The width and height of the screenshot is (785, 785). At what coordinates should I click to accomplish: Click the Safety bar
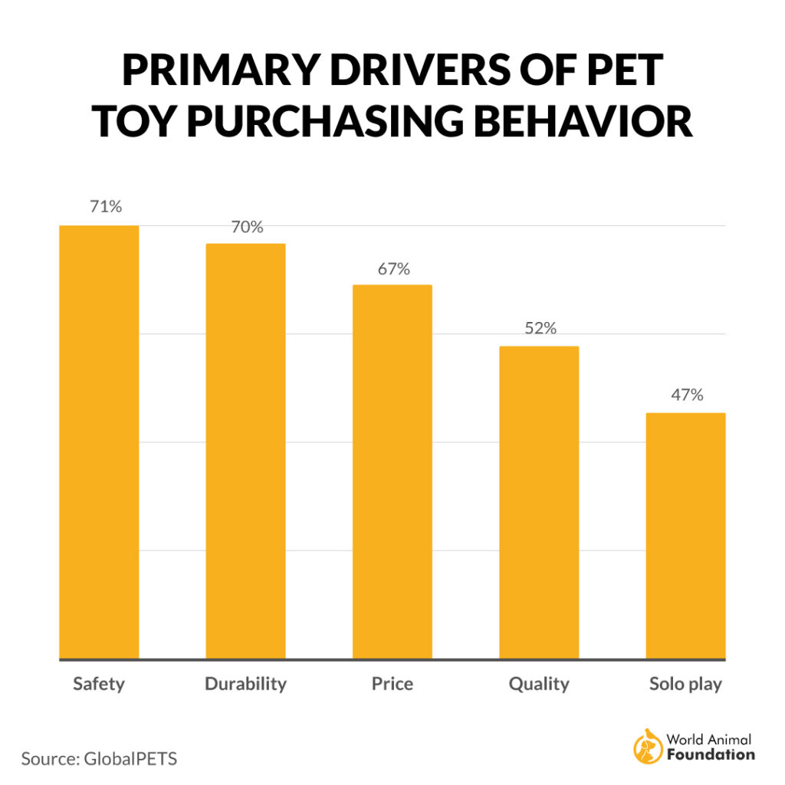(x=99, y=442)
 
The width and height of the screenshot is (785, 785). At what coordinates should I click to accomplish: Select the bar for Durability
(x=245, y=452)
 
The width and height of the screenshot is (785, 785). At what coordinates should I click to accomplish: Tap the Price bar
(x=392, y=472)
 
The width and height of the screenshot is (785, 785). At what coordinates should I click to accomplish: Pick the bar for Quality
(x=539, y=503)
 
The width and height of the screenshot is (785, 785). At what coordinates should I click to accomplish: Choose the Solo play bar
(x=685, y=536)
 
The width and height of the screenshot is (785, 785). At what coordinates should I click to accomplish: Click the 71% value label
(x=105, y=207)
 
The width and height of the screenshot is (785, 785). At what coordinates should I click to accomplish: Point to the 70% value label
(x=246, y=228)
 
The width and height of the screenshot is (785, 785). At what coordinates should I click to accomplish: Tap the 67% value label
(x=392, y=269)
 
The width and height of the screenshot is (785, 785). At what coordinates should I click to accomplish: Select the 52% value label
(x=540, y=328)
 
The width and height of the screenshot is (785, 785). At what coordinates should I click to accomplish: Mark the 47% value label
(x=686, y=396)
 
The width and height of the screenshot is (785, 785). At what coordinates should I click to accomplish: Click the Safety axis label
(x=99, y=684)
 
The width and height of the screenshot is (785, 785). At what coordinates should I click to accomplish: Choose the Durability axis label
(x=245, y=684)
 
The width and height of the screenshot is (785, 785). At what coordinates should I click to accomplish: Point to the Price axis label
(x=392, y=684)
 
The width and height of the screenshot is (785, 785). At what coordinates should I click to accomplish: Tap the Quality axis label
(x=539, y=684)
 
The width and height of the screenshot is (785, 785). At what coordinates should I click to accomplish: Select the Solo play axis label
(x=685, y=684)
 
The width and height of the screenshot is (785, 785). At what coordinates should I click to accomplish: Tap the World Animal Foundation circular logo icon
(x=647, y=747)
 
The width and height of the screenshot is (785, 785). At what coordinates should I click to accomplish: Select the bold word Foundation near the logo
(x=711, y=754)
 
